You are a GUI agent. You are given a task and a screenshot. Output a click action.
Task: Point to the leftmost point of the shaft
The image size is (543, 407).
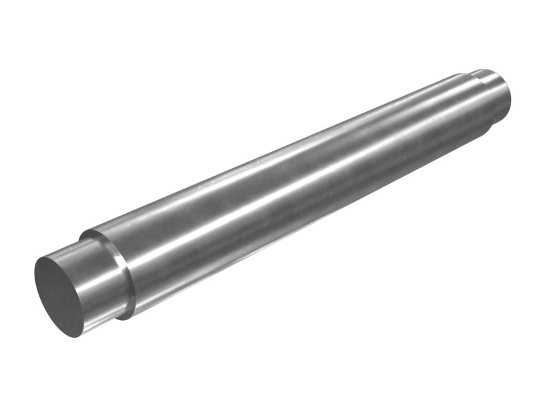[35, 282]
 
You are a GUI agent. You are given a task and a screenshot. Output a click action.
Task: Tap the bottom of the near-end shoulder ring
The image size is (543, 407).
[126, 317]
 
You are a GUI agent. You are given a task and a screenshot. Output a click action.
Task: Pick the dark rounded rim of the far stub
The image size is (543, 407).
[506, 102]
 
